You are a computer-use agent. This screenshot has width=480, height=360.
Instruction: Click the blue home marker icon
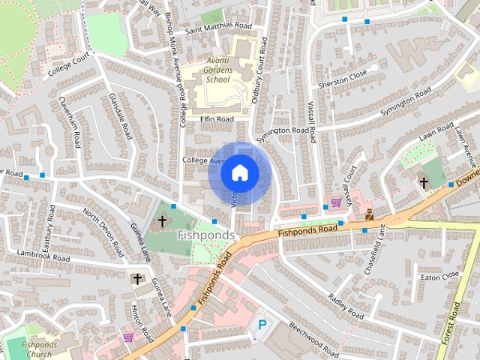tap(240, 172)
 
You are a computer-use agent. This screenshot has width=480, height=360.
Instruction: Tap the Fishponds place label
tap(206, 235)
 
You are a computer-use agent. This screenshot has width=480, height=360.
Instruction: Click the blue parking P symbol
tap(262, 325)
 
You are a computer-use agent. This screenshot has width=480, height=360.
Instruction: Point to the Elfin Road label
tap(217, 119)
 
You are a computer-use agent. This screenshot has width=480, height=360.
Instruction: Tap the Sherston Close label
tap(342, 74)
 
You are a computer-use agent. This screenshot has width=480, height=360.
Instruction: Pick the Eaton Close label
tap(439, 277)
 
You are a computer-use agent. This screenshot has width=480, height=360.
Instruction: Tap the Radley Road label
tap(346, 306)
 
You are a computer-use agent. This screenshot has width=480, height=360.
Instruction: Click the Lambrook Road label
tap(43, 256)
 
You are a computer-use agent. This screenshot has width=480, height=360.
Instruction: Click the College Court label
tap(68, 67)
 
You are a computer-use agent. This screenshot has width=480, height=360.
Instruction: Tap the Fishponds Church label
tap(36, 349)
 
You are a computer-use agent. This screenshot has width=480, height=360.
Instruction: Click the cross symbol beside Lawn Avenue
tap(424, 182)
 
